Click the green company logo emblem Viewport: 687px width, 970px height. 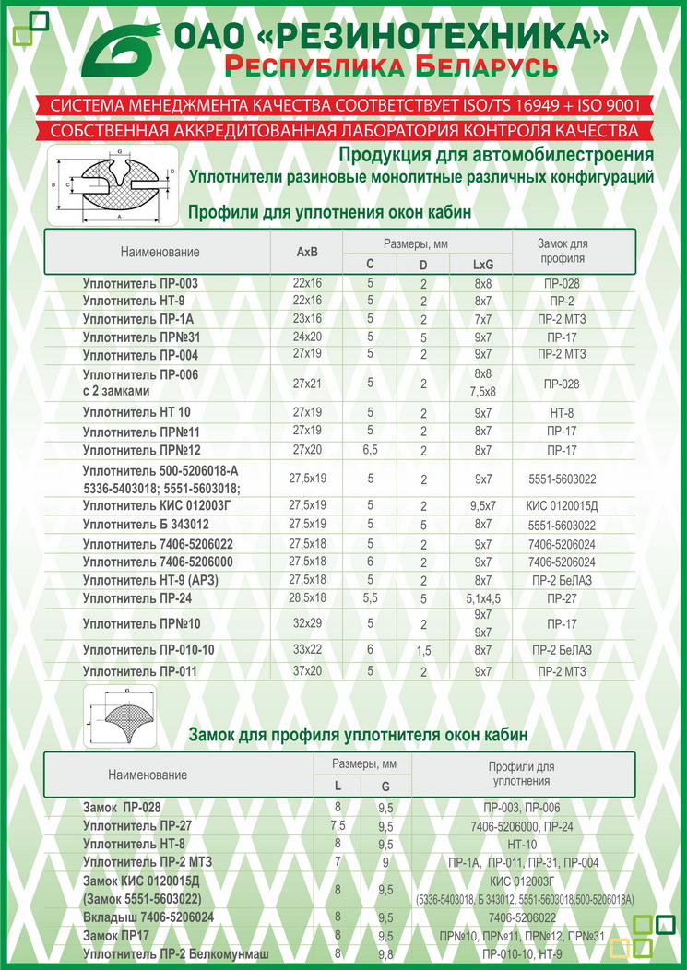[124, 49]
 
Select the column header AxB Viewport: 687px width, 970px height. [306, 252]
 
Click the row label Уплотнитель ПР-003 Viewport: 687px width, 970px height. [140, 283]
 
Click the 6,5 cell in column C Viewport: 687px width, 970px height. [370, 450]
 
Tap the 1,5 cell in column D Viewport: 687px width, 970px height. [423, 651]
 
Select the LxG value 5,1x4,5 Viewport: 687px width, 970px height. [483, 599]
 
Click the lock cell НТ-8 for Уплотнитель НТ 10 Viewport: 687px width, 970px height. [562, 412]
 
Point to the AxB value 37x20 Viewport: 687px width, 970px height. [306, 671]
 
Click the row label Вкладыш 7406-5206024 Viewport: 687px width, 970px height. [148, 917]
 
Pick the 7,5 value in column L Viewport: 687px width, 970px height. [338, 825]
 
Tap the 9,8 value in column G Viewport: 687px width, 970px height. [385, 953]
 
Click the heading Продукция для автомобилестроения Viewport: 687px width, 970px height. [496, 154]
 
